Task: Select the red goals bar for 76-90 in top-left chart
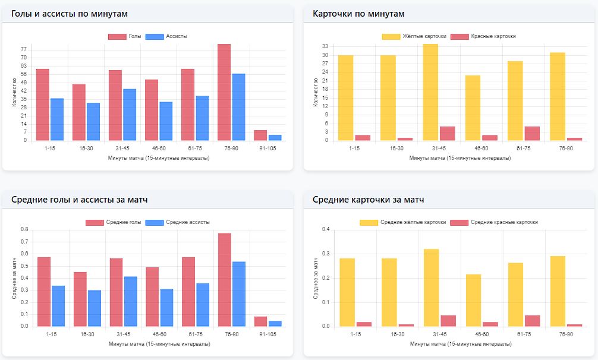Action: (x=224, y=92)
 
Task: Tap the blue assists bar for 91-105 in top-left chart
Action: (x=275, y=138)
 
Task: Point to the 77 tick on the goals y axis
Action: (x=24, y=49)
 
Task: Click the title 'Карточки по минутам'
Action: (x=358, y=14)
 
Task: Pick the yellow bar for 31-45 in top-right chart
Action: (x=430, y=92)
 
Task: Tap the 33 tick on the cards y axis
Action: (x=325, y=46)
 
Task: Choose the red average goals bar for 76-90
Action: (x=224, y=279)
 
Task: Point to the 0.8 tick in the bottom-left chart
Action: (x=24, y=229)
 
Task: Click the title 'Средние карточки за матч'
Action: (x=368, y=200)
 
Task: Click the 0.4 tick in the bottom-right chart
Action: (x=326, y=229)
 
